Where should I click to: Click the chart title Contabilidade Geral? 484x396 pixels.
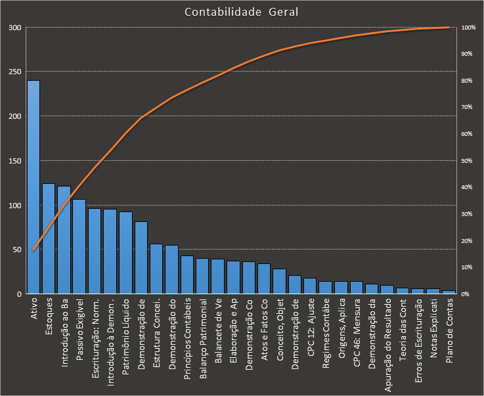pyautogui.click(x=241, y=12)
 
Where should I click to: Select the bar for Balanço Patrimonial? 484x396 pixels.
pyautogui.click(x=202, y=276)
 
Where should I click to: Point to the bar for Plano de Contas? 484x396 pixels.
pyautogui.click(x=449, y=292)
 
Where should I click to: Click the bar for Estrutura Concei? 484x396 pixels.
pyautogui.click(x=156, y=269)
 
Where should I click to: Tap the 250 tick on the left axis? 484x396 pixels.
pyautogui.click(x=14, y=72)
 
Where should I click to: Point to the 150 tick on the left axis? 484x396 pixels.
pyautogui.click(x=14, y=161)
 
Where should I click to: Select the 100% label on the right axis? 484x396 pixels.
pyautogui.click(x=468, y=28)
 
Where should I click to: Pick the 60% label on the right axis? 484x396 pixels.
pyautogui.click(x=467, y=134)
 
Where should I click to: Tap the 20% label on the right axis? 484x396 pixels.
pyautogui.click(x=467, y=240)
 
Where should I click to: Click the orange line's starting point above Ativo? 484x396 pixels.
pyautogui.click(x=33, y=250)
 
